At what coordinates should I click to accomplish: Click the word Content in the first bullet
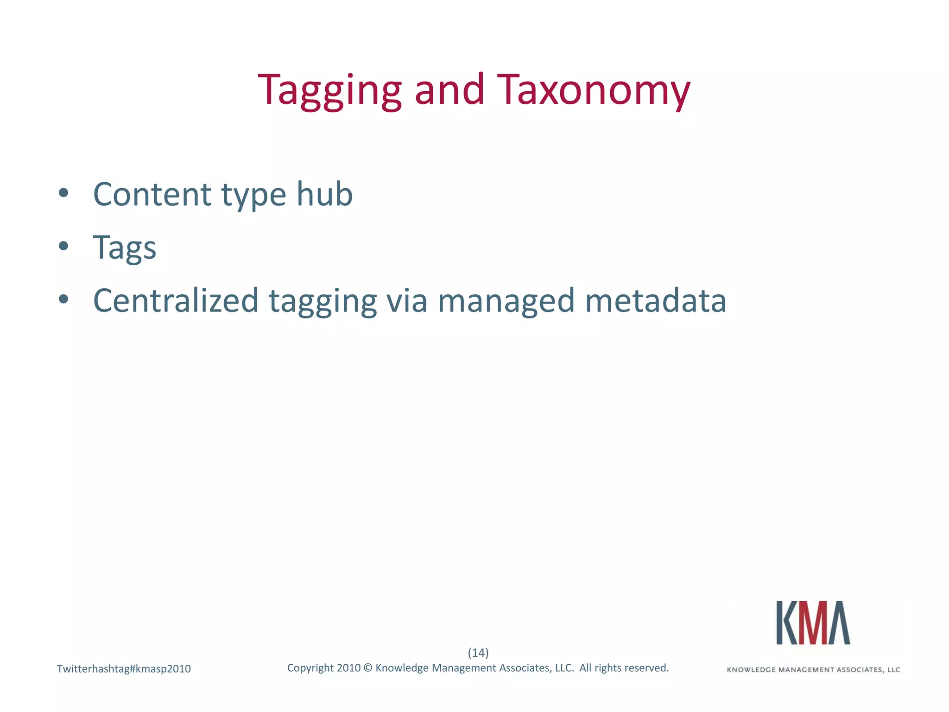coord(152,194)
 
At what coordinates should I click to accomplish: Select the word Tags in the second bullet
coord(124,248)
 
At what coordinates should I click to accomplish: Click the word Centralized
coord(176,300)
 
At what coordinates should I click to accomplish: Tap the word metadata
coord(656,300)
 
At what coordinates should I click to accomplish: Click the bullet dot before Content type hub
coord(63,193)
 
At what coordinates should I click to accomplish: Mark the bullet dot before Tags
coord(63,246)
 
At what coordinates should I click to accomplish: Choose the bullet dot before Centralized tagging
coord(63,299)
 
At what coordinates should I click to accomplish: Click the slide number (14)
coord(478,653)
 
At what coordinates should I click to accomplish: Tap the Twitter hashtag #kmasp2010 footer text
coord(124,669)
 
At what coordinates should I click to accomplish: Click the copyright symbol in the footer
coord(368,668)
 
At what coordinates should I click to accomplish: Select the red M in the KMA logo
coord(813,623)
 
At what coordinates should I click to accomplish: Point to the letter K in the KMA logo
coord(787,623)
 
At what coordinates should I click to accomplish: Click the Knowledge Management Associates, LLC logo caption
coord(813,670)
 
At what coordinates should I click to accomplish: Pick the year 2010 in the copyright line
coord(348,668)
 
